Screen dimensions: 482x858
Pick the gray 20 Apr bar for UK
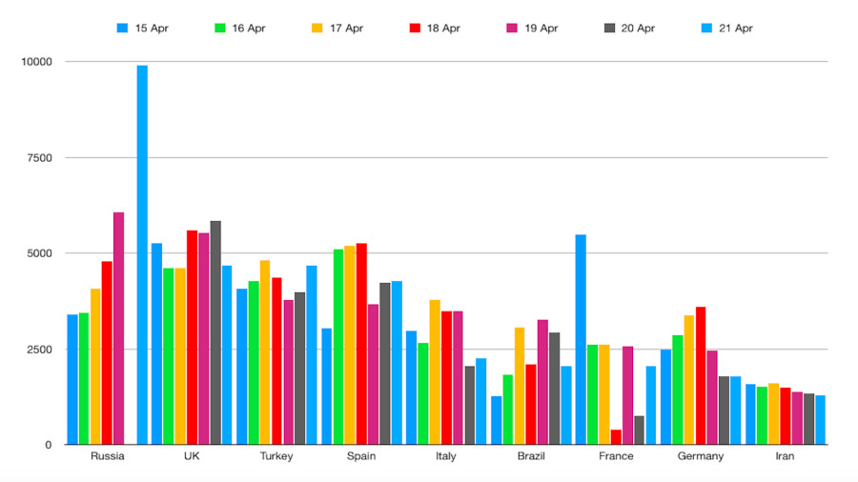coord(215,332)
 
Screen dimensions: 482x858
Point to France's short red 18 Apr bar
coord(616,437)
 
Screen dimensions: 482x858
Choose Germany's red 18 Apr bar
coord(701,375)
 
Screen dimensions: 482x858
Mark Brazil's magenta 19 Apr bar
coord(542,382)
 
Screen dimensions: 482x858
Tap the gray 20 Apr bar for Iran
coord(808,419)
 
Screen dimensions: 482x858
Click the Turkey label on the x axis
coord(276,456)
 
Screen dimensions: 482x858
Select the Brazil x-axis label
coord(531,456)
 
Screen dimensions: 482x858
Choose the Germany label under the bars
coord(701,456)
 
